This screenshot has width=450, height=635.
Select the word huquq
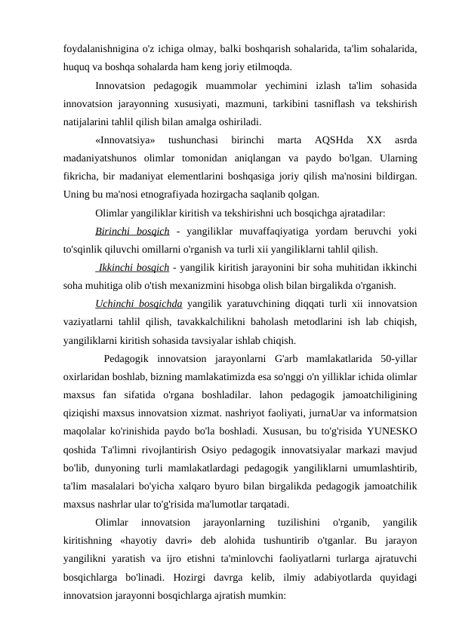77,65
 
